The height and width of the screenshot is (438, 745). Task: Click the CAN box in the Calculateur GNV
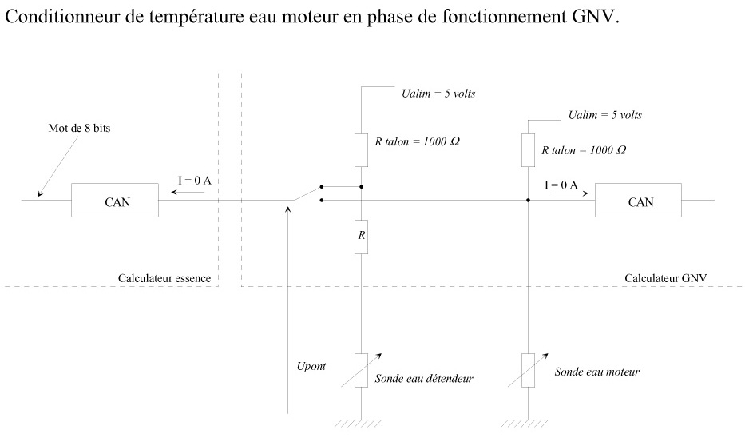[x=639, y=201]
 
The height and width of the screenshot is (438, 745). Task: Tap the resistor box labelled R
[x=361, y=237]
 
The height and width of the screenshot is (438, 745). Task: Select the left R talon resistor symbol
[x=361, y=149]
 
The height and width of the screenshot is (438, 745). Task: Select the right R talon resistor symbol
[x=528, y=150]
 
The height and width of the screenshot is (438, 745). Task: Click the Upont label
[x=311, y=366]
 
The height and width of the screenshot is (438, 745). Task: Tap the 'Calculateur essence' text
[x=164, y=278]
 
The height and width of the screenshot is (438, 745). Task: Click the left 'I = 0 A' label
[x=194, y=181]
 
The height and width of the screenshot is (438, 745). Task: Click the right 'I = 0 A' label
[x=561, y=185]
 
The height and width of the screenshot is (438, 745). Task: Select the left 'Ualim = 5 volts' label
[x=438, y=94]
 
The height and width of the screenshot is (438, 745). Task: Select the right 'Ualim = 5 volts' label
[x=604, y=115]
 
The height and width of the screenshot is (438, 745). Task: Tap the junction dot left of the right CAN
[x=528, y=200]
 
